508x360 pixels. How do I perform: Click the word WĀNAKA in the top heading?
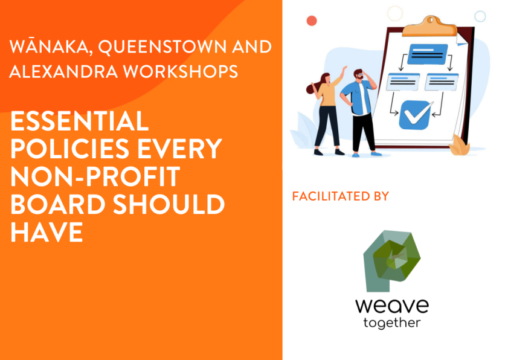pyautogui.click(x=49, y=47)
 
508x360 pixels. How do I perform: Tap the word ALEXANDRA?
pyautogui.click(x=64, y=71)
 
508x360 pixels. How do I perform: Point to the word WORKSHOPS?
pyautogui.click(x=181, y=71)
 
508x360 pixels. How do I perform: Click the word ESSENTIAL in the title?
pyautogui.click(x=80, y=121)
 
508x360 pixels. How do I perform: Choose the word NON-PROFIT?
pyautogui.click(x=95, y=176)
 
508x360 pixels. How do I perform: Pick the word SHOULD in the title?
pyautogui.click(x=169, y=205)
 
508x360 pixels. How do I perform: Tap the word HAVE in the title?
pyautogui.click(x=47, y=232)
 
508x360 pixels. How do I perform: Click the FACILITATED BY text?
pyautogui.click(x=341, y=196)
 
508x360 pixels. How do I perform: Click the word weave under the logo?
pyautogui.click(x=392, y=306)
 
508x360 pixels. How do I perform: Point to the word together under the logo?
pyautogui.click(x=392, y=323)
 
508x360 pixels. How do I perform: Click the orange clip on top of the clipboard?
pyautogui.click(x=429, y=26)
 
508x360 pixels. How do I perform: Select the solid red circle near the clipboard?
pyautogui.click(x=312, y=21)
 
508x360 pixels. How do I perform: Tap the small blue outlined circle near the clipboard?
pyautogui.click(x=480, y=16)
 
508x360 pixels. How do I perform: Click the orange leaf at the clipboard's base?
pyautogui.click(x=459, y=145)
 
